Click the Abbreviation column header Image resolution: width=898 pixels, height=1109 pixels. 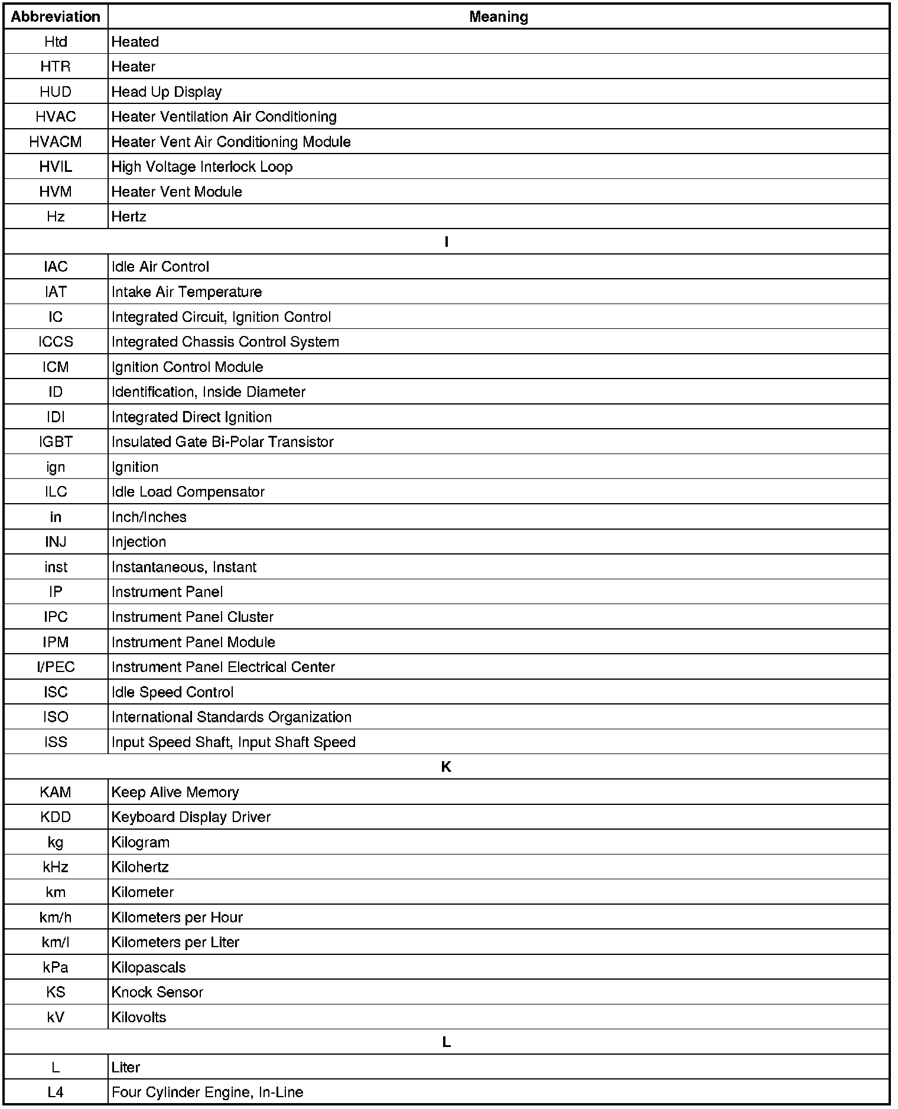(x=56, y=17)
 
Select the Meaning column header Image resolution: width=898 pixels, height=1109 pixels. (x=498, y=17)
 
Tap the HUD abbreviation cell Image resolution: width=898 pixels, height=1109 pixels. (x=56, y=92)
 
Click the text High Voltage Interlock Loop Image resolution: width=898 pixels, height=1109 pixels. (x=201, y=167)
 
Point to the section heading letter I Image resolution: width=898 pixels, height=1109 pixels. (x=446, y=242)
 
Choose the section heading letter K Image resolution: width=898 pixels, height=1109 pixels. (x=446, y=766)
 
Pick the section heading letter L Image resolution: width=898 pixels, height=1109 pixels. (x=446, y=1042)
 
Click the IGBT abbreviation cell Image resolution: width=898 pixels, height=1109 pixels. (x=56, y=442)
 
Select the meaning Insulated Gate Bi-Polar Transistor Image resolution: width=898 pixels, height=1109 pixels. (x=222, y=442)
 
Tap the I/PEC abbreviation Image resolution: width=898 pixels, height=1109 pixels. (x=56, y=667)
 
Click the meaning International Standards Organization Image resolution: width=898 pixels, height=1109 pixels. (x=231, y=717)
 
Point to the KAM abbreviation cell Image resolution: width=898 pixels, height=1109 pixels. (x=56, y=792)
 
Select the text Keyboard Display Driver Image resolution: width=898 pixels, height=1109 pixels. (x=191, y=817)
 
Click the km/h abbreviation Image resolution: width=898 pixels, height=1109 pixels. (x=56, y=917)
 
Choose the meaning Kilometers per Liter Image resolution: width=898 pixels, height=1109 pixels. (x=175, y=942)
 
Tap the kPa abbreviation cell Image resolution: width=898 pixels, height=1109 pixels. (x=56, y=967)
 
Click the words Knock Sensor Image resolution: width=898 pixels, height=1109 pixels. (x=157, y=992)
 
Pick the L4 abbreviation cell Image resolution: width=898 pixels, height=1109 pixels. (x=56, y=1092)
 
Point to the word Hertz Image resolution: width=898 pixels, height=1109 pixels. (x=129, y=217)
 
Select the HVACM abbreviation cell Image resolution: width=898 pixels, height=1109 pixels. (x=56, y=142)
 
